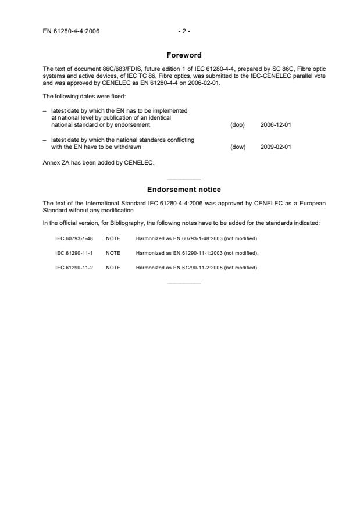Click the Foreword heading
click(184, 55)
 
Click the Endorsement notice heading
click(184, 190)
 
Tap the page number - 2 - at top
click(184, 31)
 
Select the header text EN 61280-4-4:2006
click(71, 31)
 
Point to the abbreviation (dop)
click(237, 125)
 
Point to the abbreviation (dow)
click(238, 147)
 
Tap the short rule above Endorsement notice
click(184, 178)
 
